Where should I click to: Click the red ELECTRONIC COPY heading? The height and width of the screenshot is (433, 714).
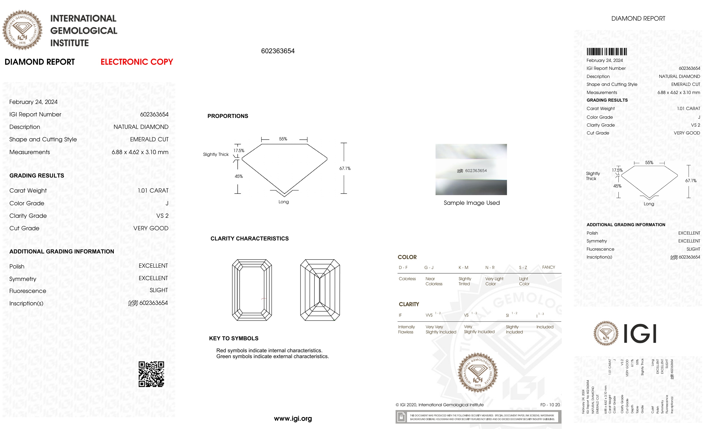136,62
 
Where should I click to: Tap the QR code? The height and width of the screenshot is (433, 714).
151,374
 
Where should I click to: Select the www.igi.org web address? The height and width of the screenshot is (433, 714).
293,418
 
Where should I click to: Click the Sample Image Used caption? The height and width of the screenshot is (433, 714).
471,203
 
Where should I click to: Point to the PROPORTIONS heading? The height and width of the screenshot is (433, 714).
227,116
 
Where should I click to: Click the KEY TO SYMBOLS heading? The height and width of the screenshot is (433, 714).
234,338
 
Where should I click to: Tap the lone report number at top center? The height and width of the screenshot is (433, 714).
278,51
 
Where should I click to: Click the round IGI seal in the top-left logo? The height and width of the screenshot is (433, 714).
22,30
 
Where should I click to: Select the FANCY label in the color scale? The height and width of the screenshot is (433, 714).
548,267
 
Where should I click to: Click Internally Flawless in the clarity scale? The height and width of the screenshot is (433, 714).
406,329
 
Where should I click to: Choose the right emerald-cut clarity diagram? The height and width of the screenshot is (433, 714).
320,290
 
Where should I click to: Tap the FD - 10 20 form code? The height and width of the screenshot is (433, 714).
550,405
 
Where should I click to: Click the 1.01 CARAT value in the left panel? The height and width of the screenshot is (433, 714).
153,191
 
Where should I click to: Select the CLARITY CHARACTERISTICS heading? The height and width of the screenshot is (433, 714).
249,238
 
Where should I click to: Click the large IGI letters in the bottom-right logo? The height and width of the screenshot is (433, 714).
640,333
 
